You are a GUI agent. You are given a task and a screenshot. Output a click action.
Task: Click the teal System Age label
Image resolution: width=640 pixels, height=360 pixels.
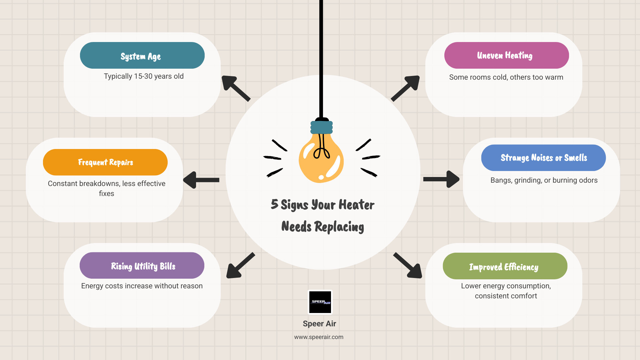point(142,55)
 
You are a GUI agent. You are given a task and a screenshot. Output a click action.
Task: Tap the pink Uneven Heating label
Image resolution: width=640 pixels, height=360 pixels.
point(506,55)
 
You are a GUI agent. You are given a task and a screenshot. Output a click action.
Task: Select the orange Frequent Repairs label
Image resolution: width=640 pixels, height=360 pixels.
point(105,162)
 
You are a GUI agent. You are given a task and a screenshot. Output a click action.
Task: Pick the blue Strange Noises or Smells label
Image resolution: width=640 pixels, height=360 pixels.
point(543,158)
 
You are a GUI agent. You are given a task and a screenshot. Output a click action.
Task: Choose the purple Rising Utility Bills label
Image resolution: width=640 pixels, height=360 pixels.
point(142,266)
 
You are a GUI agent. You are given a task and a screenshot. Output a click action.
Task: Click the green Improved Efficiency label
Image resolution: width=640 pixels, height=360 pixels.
point(505,266)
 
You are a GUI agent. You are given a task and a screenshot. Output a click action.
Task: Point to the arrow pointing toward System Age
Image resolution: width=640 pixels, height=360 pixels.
point(235,88)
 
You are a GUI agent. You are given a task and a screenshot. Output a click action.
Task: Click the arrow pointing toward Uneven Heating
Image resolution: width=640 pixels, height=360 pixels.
point(406,88)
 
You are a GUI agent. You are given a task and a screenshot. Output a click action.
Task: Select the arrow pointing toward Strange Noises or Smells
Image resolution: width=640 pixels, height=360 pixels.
point(441,179)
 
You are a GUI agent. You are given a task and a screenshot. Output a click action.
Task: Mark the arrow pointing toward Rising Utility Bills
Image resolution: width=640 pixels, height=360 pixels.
point(240,266)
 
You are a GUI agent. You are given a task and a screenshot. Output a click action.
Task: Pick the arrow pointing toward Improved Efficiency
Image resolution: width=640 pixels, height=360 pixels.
point(408,266)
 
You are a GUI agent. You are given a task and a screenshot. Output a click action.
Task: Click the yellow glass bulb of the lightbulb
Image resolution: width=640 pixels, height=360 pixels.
point(321,160)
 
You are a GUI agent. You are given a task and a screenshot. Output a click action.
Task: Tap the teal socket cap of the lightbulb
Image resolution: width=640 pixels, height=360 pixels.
point(322,127)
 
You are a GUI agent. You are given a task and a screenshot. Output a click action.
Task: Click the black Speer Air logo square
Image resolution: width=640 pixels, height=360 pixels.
point(320,302)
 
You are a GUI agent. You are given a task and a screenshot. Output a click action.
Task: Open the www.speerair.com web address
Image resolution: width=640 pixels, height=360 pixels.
point(319,337)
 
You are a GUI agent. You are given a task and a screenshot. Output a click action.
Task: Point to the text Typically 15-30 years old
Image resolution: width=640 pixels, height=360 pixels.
point(144,76)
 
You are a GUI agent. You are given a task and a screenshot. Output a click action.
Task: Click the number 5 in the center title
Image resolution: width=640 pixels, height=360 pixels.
point(274,204)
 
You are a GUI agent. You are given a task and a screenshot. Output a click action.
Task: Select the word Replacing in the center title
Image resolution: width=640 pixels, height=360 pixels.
point(339,227)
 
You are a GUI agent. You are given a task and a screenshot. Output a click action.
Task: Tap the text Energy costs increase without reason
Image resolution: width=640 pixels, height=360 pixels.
point(142,286)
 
